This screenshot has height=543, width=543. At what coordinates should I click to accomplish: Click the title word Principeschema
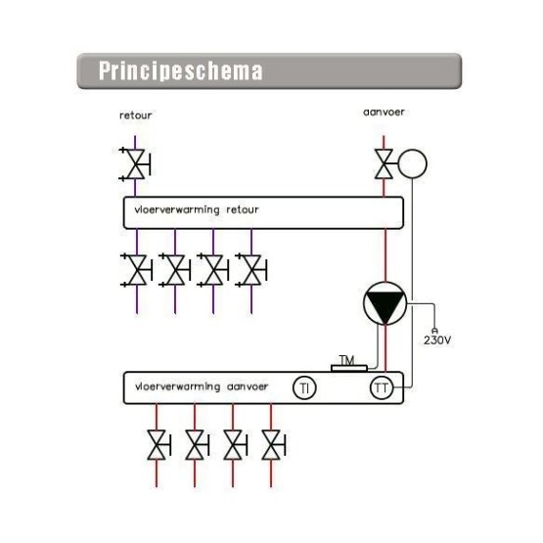point(180,71)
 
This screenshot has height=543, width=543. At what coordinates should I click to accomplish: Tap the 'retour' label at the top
point(135,115)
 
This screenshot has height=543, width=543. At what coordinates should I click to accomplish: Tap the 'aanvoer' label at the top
point(384,113)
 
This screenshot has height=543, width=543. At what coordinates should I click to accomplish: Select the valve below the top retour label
point(135,164)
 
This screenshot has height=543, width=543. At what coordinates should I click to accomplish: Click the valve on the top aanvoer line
point(384,164)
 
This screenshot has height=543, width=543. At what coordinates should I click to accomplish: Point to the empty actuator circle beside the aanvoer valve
point(412,163)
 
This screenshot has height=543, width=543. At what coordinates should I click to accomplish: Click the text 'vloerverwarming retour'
point(197,209)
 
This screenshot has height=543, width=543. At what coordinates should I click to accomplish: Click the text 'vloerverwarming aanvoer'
point(202,386)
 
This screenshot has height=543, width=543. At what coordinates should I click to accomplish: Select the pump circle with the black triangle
point(385,303)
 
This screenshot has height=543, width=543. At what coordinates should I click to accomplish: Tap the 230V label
point(437,340)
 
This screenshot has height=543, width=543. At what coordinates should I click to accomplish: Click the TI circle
point(304,387)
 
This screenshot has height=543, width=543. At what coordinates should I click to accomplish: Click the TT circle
point(382,387)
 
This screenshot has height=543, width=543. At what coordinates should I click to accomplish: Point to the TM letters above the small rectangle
point(347,360)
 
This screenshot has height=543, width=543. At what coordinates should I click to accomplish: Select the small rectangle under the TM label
point(349,369)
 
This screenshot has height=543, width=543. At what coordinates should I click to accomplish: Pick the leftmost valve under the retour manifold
point(136,270)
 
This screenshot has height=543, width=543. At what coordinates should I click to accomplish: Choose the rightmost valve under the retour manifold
point(251,270)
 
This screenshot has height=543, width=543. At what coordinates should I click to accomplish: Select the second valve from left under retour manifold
point(175,270)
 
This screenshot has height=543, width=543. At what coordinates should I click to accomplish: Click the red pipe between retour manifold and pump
point(385,255)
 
